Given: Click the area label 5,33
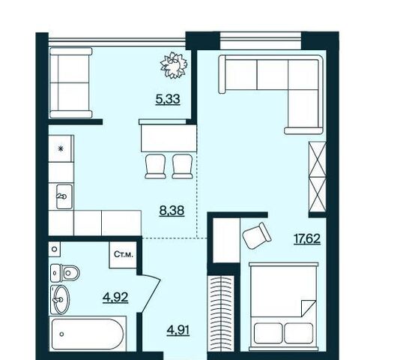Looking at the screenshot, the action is click(168, 99).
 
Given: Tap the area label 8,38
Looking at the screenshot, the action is click(172, 211).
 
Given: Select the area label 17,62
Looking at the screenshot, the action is click(307, 239).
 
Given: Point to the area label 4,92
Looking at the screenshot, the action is click(115, 297).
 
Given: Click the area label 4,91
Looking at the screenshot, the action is click(178, 330).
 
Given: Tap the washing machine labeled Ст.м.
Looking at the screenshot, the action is click(123, 255).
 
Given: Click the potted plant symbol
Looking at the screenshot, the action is click(174, 65).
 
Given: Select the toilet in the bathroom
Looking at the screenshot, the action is click(65, 273).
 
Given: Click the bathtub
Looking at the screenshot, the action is click(88, 334).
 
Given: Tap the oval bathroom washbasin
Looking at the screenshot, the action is click(61, 299).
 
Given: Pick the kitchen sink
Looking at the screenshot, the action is click(64, 196).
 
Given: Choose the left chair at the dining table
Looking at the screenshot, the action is click(155, 166).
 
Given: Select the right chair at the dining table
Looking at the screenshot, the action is click(182, 166).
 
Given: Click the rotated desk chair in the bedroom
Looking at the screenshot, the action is click(256, 235).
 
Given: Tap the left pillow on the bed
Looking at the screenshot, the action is click(268, 333).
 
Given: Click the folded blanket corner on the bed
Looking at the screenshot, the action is click(309, 308).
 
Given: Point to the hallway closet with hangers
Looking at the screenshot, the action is click(221, 313).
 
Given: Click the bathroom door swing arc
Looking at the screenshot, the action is click(151, 292).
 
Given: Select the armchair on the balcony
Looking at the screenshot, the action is click(71, 82).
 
